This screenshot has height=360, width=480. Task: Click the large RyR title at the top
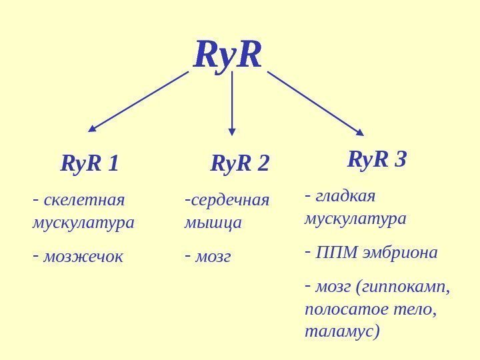(228, 55)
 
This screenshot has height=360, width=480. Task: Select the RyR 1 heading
(89, 163)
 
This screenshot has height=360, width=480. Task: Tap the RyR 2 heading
(239, 163)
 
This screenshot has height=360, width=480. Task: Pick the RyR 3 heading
(377, 159)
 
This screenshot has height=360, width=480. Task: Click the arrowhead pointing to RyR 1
(93, 129)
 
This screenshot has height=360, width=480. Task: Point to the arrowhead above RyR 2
(232, 131)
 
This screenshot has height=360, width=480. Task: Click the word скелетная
(84, 200)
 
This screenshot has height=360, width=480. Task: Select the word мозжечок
(83, 256)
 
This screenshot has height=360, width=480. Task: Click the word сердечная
(230, 200)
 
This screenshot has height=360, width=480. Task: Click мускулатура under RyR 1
(83, 222)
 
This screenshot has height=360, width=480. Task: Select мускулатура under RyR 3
(355, 219)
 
